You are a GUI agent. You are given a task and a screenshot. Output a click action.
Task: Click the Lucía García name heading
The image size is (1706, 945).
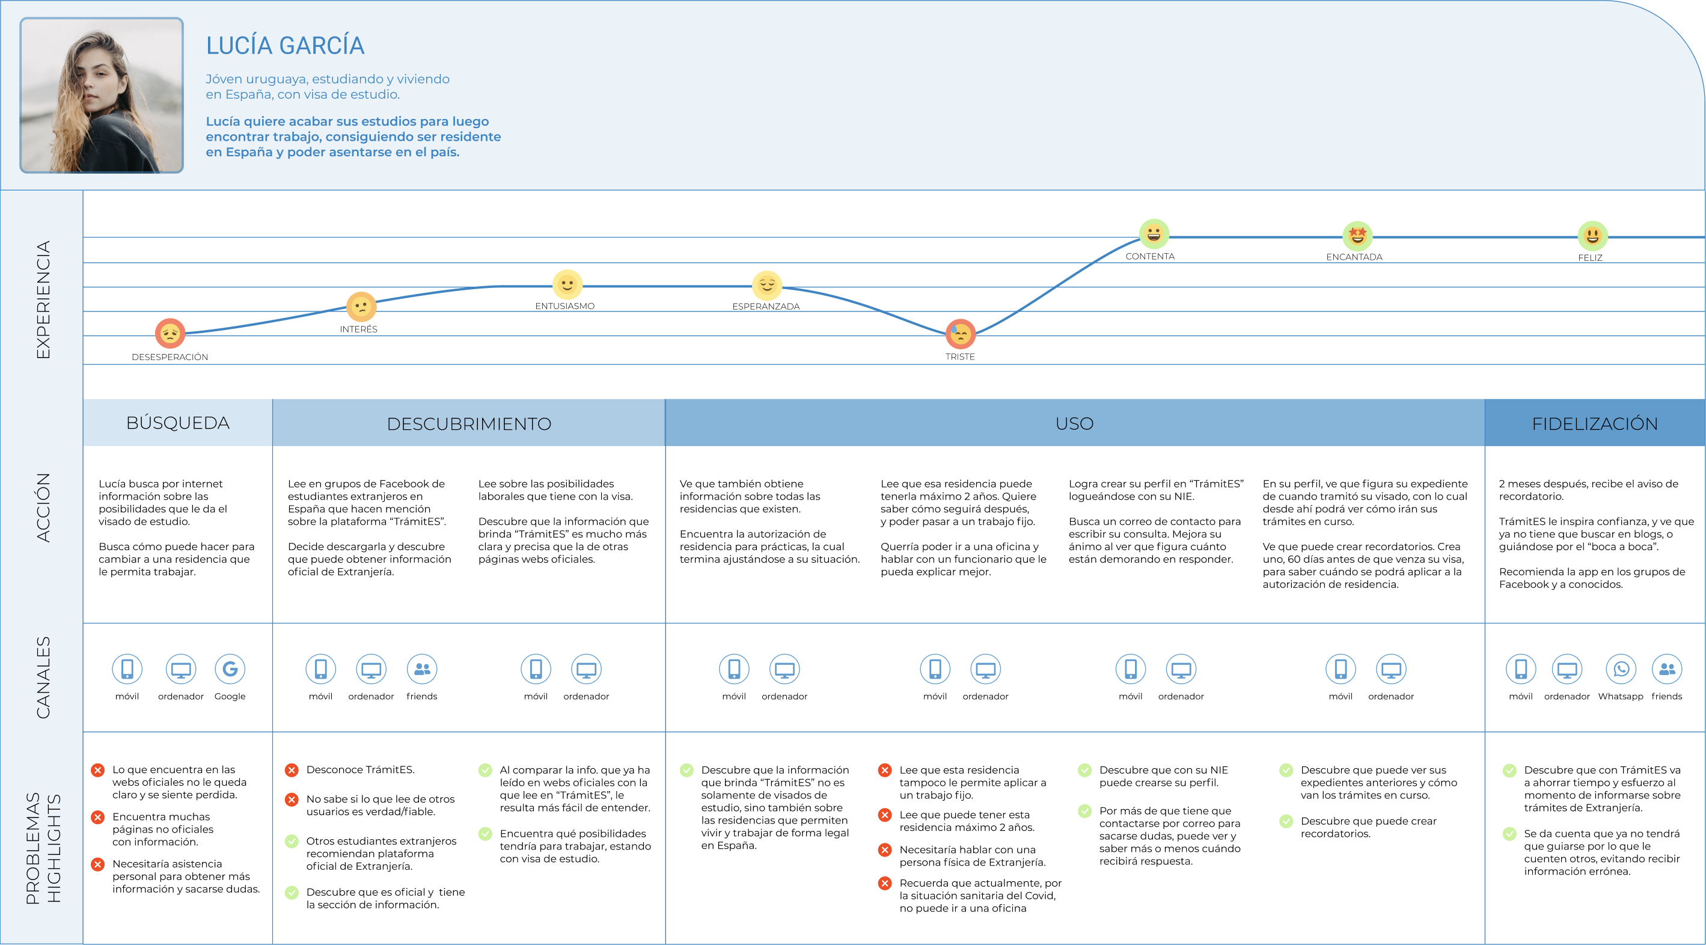coord(285,45)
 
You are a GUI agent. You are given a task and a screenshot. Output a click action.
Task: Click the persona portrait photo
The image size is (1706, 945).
coord(102,96)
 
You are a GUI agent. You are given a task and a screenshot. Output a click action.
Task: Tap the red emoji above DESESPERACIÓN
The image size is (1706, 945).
coord(170,332)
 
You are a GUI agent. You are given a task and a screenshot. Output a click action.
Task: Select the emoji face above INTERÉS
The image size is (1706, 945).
coord(361,307)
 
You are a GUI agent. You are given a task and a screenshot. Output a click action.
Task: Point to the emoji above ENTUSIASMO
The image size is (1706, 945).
coord(567,285)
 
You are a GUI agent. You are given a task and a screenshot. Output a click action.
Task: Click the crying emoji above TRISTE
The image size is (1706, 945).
coord(959,334)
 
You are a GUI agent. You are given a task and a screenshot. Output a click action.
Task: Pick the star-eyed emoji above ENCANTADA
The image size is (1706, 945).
coord(1357,235)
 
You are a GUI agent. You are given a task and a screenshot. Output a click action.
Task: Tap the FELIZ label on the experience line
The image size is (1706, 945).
coord(1589,258)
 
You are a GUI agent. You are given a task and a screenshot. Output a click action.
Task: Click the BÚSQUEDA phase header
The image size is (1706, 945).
coord(177,423)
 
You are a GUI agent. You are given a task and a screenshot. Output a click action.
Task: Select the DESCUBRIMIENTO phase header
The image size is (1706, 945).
coord(469,423)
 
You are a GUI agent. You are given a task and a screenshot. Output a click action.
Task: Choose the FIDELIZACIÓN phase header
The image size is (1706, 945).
coord(1594,423)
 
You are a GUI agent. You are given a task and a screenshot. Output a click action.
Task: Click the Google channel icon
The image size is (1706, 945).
coord(230,669)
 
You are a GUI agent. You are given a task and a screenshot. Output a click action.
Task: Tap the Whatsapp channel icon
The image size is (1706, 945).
coord(1621,669)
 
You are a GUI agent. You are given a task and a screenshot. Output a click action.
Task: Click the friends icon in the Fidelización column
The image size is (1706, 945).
coord(1666,669)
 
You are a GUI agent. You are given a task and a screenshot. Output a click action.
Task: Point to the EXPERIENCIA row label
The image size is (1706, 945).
coord(43,299)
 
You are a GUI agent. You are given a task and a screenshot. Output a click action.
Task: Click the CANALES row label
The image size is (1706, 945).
coord(43,677)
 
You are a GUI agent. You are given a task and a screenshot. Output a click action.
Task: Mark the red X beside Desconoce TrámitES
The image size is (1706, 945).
coord(292,769)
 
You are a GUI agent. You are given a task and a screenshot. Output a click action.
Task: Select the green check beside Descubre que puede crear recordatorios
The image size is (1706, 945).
coord(1285,821)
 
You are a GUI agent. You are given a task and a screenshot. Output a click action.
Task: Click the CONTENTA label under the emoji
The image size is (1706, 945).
coord(1150,256)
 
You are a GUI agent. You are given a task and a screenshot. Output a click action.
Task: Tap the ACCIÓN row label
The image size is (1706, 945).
coord(43,507)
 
